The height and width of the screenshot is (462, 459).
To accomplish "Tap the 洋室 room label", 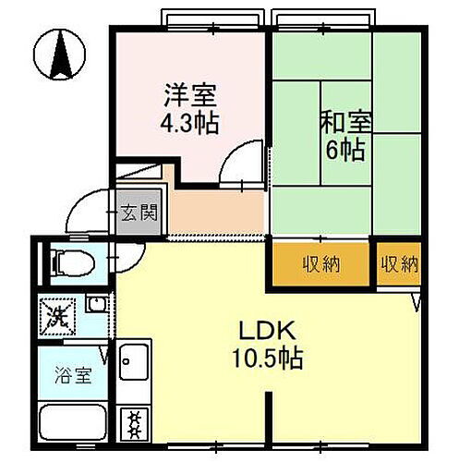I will click(190, 95).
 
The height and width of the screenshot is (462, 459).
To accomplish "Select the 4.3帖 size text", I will click(190, 123).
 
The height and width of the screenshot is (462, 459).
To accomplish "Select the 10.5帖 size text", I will click(267, 356).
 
